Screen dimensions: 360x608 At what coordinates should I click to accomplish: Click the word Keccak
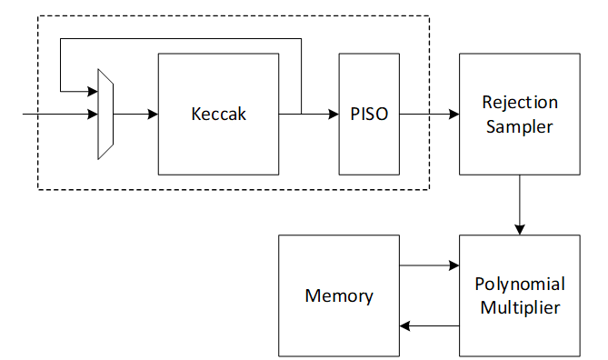click(x=218, y=115)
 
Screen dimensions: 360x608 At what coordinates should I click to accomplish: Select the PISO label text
click(x=368, y=115)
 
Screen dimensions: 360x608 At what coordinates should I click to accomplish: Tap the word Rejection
click(x=520, y=102)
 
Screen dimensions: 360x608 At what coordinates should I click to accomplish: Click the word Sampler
click(x=519, y=126)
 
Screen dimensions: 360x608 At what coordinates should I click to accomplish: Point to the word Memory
click(x=339, y=295)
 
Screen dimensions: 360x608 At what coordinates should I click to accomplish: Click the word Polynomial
click(x=519, y=284)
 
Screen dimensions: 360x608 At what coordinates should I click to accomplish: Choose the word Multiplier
click(x=519, y=307)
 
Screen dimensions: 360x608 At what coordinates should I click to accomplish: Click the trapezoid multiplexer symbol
click(x=105, y=115)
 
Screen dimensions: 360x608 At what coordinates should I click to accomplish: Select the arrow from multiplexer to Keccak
click(x=135, y=115)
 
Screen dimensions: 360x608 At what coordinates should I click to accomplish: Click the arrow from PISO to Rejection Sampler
click(x=428, y=115)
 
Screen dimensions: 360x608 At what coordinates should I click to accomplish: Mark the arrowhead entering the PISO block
click(x=334, y=115)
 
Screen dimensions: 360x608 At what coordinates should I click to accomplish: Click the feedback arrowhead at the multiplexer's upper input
click(x=93, y=91)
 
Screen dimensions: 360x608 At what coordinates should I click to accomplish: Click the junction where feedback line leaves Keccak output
click(x=301, y=115)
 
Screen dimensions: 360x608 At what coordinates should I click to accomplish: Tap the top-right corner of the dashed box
click(x=429, y=16)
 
